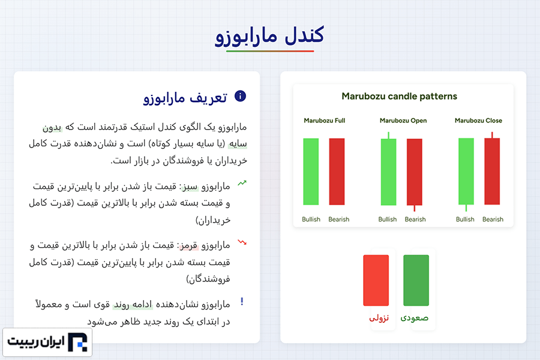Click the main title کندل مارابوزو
pos(269,35)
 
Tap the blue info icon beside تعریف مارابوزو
pos(240,96)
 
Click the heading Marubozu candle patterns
pos(399,96)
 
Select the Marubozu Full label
pos(325,121)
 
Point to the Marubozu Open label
pos(403,121)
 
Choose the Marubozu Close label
pos(478,121)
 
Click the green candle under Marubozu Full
pos(311,172)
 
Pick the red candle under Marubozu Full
pos(337,172)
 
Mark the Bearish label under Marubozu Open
pos(415,220)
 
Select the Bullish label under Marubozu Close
pos(465,220)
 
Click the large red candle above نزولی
pos(376,280)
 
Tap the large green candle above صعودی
pos(416,280)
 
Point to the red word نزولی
pos(379,317)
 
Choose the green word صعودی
pos(414,317)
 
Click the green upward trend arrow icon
pos(242,183)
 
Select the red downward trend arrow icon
pos(242,242)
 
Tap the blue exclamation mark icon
pos(242,301)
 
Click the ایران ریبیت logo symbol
pos(77,342)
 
